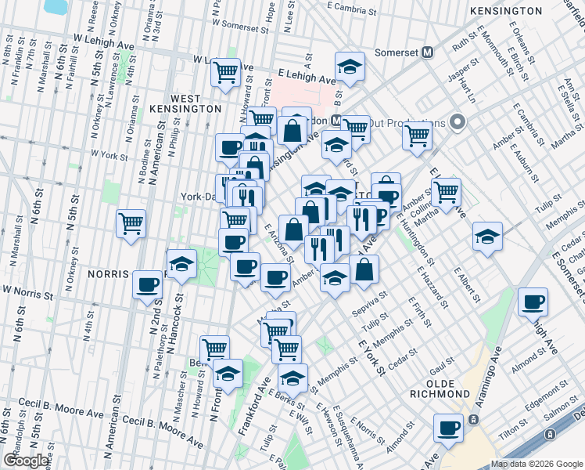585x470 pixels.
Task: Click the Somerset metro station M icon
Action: (428, 52)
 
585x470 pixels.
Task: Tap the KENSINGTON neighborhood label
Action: (506, 11)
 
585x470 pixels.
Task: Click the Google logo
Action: (26, 461)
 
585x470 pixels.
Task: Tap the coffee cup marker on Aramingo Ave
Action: (449, 428)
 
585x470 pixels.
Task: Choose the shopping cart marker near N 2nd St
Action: (131, 224)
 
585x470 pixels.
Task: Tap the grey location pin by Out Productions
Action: (458, 122)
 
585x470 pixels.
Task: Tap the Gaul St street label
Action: (442, 359)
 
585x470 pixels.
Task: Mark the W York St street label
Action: (109, 156)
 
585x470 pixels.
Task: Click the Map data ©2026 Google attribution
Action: (536, 464)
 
